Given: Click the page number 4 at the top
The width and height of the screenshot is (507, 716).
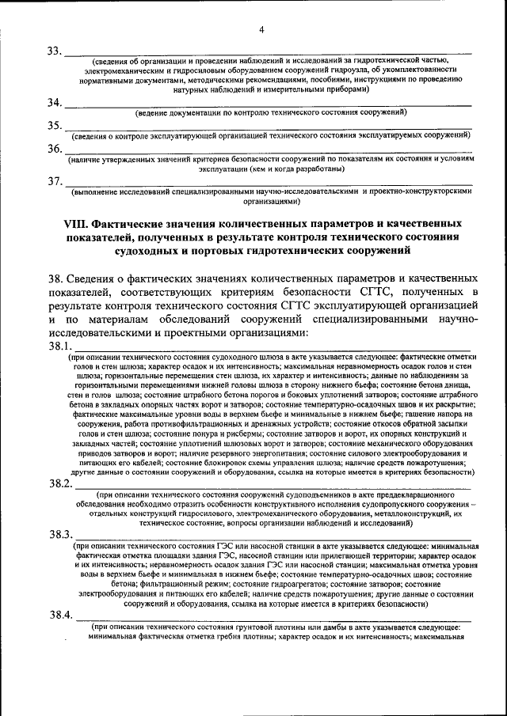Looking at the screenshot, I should coord(260,30).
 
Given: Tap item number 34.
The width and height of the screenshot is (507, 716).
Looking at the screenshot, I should coord(55,103).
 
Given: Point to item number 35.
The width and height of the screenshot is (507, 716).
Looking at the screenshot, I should coord(55,126).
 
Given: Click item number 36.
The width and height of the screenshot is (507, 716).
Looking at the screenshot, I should coord(55,149).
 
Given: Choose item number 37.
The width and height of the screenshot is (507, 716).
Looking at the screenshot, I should coord(55,181).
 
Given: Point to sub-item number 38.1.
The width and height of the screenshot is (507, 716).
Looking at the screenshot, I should coord(60,347).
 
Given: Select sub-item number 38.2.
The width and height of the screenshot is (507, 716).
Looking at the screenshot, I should coord(60,483).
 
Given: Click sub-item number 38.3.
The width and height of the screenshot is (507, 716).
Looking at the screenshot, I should coord(60,534).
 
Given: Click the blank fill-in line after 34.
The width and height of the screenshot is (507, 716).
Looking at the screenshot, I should coord(269,106).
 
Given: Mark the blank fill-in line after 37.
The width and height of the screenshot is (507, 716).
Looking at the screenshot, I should coord(269,184).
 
